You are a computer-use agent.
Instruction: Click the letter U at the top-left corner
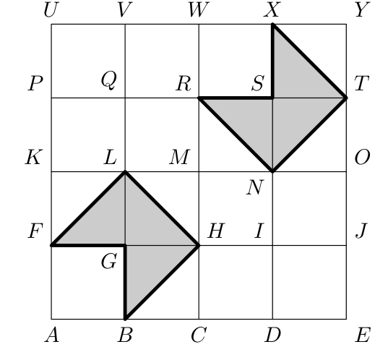click(x=51, y=10)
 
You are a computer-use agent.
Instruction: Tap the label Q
click(x=108, y=80)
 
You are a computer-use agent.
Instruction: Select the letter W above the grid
click(x=199, y=10)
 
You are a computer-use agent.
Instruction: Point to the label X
click(x=272, y=10)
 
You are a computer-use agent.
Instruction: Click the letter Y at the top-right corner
click(x=363, y=10)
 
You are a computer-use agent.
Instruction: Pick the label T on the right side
click(x=362, y=83)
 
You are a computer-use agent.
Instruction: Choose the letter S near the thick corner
click(x=258, y=83)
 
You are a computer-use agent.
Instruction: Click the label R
click(x=184, y=83)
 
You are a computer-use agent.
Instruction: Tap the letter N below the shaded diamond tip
click(x=255, y=187)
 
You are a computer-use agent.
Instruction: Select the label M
click(x=180, y=157)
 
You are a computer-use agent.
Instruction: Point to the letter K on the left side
click(x=34, y=157)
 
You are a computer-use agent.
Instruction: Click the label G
click(x=109, y=262)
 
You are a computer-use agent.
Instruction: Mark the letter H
click(x=216, y=231)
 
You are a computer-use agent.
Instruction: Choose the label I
click(x=259, y=231)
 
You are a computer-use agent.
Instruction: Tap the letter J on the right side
click(x=361, y=231)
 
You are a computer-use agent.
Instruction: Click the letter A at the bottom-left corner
click(x=52, y=335)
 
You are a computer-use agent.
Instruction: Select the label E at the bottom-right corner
click(x=363, y=335)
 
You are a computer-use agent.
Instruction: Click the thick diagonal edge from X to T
click(x=309, y=61)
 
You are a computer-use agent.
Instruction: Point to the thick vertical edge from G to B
click(x=125, y=282)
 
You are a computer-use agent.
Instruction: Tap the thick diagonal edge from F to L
click(x=88, y=208)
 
